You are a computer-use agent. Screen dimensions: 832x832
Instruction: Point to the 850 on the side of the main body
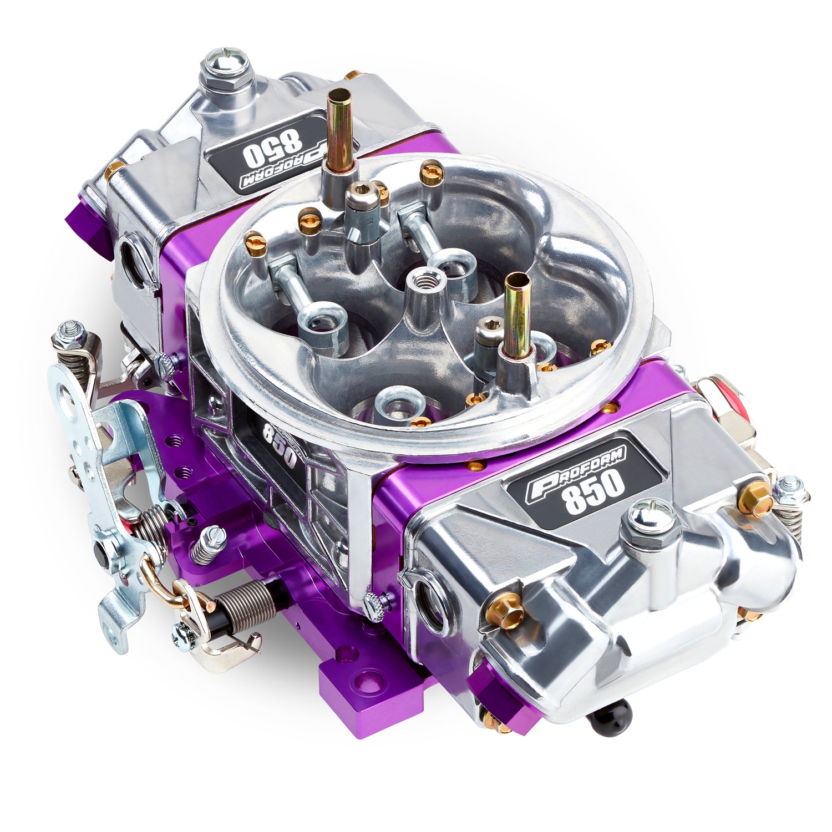click(x=277, y=440)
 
